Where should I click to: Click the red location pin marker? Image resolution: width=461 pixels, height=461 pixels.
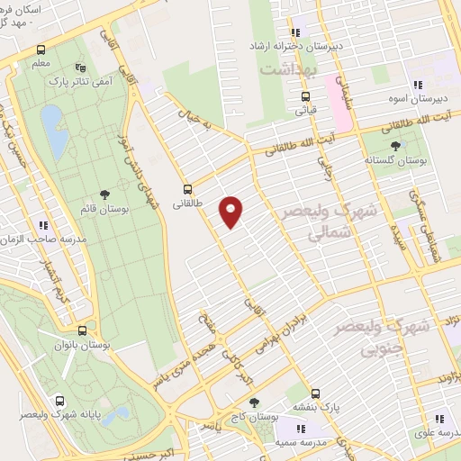(231, 211)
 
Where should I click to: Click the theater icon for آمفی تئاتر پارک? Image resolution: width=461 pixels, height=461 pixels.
(82, 68)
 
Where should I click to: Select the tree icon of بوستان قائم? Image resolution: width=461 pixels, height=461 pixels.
(106, 194)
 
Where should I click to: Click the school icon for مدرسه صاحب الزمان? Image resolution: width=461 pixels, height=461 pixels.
(42, 225)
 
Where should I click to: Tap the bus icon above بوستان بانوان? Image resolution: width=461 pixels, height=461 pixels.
(82, 330)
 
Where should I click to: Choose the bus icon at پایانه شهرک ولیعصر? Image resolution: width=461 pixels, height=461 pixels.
(59, 402)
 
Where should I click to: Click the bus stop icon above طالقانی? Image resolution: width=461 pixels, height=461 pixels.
(187, 189)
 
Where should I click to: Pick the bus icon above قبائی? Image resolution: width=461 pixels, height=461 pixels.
(305, 97)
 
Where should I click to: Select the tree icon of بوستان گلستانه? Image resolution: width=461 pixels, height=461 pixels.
(395, 145)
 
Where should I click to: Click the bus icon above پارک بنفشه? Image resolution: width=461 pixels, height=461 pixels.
(314, 393)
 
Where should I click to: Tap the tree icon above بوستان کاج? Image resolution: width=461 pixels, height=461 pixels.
(255, 402)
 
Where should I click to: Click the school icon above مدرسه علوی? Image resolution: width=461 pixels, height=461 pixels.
(439, 418)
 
